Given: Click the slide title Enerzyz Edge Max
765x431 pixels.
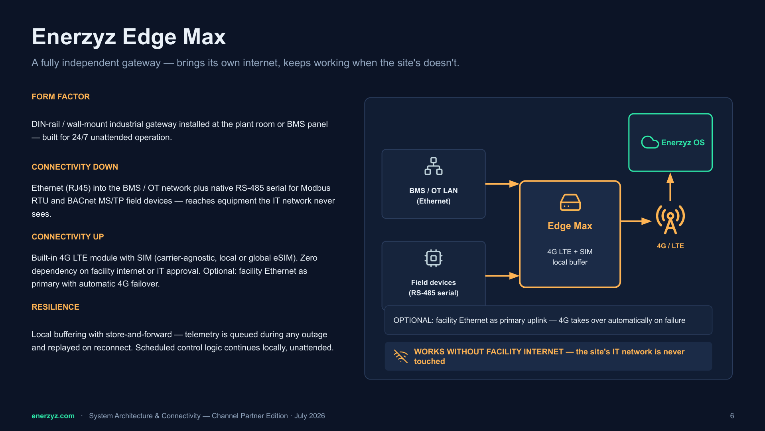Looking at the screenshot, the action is click(129, 37).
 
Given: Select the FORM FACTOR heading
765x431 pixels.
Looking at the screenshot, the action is click(61, 97).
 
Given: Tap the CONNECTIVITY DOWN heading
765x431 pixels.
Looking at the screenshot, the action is click(75, 167).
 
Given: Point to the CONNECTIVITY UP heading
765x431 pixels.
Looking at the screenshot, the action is click(67, 237).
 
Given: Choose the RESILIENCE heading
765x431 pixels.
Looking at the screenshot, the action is click(55, 307).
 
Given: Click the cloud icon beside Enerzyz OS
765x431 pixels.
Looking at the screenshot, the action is click(650, 142).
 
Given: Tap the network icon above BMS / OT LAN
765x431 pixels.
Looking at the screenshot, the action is click(434, 166).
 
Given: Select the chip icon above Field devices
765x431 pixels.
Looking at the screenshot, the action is click(434, 258).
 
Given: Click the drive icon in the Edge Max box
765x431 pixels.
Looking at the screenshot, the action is click(570, 202).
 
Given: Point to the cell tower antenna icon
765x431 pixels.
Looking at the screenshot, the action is click(670, 219).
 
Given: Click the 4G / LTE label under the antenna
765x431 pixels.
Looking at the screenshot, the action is click(670, 246).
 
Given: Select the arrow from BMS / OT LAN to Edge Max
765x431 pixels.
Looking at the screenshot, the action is click(502, 184).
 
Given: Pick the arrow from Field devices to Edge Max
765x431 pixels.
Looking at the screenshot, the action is click(502, 275).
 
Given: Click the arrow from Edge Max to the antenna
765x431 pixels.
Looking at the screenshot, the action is click(636, 221).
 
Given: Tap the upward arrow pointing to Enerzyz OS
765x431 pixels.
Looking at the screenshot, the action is click(670, 187).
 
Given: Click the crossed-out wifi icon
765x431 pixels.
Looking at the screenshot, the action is click(401, 356).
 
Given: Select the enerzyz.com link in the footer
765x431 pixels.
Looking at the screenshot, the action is click(53, 416).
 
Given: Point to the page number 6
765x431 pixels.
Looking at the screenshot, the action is click(732, 416).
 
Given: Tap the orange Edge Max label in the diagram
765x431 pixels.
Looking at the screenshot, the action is click(570, 226).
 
